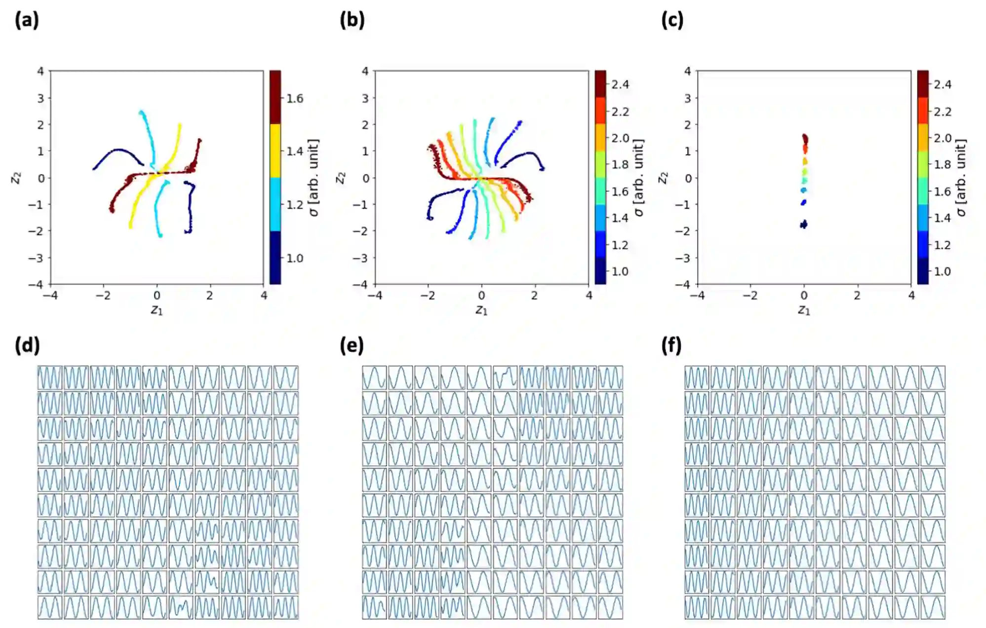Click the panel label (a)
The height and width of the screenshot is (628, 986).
coord(27,20)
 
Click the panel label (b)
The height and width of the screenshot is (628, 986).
coord(352,20)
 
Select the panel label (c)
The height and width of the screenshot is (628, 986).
coord(672,20)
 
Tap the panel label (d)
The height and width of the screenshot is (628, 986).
coord(27,345)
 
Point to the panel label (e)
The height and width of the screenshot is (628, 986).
coord(352,345)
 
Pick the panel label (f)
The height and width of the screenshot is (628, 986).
coord(671,345)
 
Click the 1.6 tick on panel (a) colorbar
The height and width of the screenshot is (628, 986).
coord(295,99)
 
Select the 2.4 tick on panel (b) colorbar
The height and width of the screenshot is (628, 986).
coord(620,85)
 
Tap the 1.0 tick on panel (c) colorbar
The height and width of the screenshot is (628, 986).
coord(942,271)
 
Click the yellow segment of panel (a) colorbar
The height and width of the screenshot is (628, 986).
coord(275,150)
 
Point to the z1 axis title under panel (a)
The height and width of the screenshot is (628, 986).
coord(157,310)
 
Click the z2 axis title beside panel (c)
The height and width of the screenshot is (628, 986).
coord(663,178)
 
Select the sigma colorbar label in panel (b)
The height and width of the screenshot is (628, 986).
coord(639,178)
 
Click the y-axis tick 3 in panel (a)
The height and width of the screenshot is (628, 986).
coord(40,98)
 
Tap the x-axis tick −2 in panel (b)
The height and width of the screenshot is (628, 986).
coord(428,296)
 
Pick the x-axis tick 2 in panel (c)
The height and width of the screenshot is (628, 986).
coord(857,296)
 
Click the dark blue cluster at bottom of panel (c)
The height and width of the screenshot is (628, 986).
coord(804,224)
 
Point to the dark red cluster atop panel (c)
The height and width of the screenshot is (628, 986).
coord(805,139)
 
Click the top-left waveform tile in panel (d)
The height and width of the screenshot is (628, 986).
coord(50,378)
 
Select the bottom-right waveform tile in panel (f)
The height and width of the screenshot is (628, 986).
coord(933,607)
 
